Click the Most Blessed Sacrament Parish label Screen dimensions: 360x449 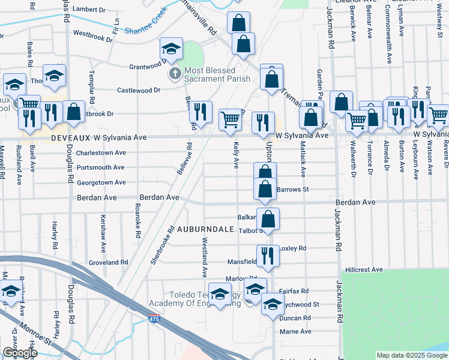point(209,74)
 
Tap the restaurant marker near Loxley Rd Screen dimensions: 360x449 point(268,254)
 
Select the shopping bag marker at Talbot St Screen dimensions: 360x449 point(268,218)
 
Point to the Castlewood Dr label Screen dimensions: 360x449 point(139,90)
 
